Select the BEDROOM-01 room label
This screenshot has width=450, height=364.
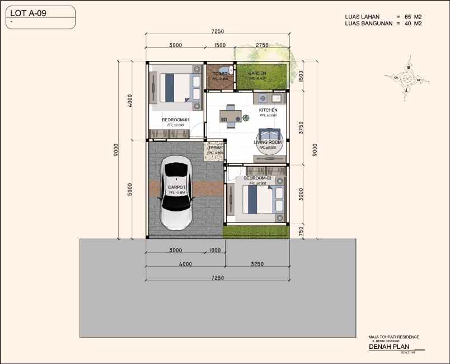click(x=176, y=120)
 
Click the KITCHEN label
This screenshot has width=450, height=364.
click(x=268, y=110)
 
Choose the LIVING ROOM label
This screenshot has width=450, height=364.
click(x=268, y=143)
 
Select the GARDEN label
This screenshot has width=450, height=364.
click(x=257, y=73)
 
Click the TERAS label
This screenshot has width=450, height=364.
click(x=215, y=148)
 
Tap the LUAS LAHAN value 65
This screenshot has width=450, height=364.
click(x=407, y=17)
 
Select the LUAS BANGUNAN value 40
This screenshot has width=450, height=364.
click(x=407, y=24)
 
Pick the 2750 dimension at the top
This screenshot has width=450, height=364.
click(x=262, y=45)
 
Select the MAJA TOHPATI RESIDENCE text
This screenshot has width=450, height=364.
click(x=393, y=337)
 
